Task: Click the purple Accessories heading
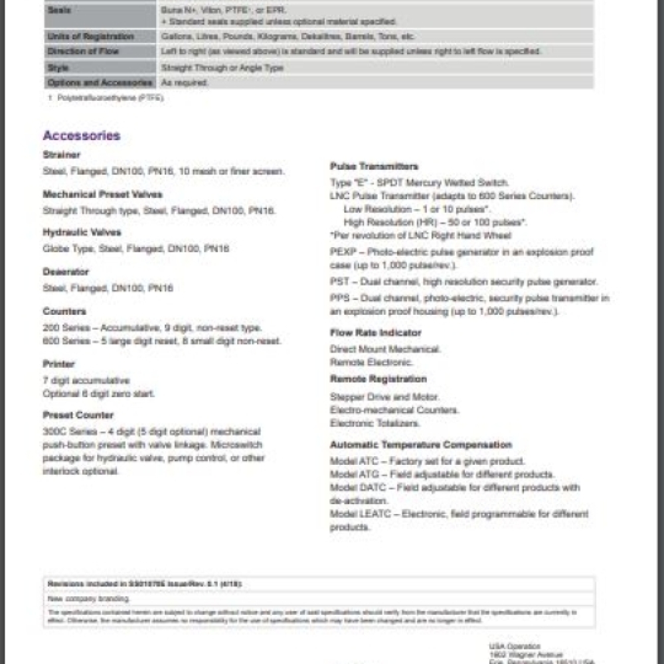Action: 82,135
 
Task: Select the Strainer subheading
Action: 62,155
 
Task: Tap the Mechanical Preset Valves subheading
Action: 102,195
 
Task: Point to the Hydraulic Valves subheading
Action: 82,233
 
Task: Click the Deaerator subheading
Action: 66,272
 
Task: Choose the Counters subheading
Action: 64,311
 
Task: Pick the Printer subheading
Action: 59,364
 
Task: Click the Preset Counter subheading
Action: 78,416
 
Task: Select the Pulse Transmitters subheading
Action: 374,167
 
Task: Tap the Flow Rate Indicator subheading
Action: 376,333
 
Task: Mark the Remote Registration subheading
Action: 378,379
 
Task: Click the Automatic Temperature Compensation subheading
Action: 421,445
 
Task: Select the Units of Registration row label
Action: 90,37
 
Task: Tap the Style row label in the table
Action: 58,68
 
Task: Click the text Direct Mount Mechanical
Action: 385,349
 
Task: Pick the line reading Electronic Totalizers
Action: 374,423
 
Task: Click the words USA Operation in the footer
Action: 515,646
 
